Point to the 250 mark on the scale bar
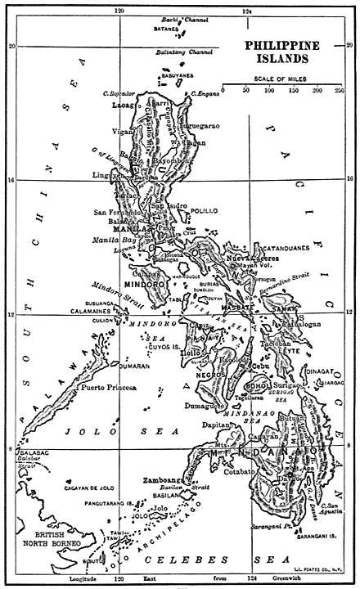click(339, 90)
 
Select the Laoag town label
click(124, 106)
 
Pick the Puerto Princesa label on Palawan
click(107, 389)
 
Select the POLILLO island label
click(204, 210)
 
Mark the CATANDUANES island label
click(281, 245)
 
